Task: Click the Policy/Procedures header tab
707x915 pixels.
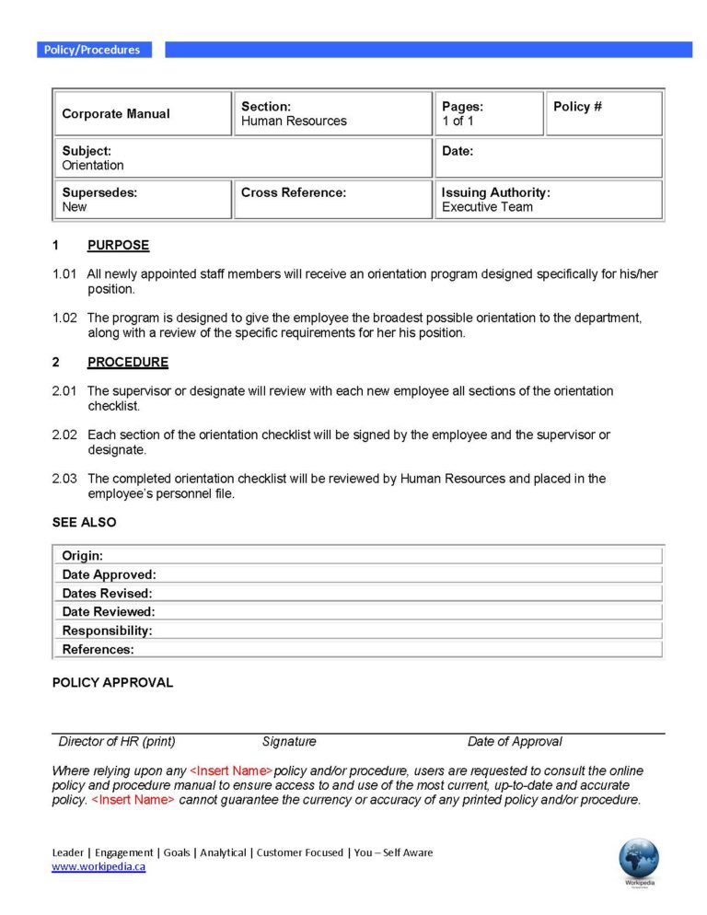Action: click(92, 50)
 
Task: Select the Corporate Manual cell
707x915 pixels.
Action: click(116, 114)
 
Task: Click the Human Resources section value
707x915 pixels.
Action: click(294, 122)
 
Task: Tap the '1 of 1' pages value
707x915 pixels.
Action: click(458, 122)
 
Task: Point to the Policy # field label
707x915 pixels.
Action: click(577, 107)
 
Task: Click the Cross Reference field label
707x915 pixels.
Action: click(294, 192)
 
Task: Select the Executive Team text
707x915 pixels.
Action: click(487, 207)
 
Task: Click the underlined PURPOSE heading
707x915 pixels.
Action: click(118, 246)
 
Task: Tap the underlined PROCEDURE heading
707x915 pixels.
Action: click(128, 363)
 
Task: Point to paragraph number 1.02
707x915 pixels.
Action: click(64, 319)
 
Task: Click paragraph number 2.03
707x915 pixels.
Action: click(64, 479)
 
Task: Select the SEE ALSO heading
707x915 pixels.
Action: click(85, 522)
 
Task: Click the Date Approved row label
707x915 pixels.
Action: click(109, 575)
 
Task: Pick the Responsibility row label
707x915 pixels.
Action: click(107, 631)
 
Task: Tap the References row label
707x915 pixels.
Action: click(98, 650)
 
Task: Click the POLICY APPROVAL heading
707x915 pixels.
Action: click(112, 683)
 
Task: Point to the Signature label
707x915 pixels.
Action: click(289, 742)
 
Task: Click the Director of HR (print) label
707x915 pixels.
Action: click(117, 742)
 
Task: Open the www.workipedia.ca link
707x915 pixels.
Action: click(99, 867)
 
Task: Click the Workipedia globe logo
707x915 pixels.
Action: click(639, 860)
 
